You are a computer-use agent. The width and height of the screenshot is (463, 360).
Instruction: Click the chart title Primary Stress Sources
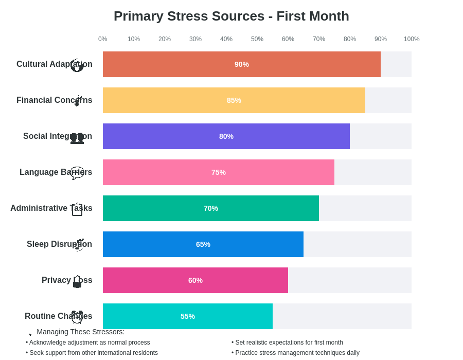231,16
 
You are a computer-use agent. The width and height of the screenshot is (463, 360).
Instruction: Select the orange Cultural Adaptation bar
241,64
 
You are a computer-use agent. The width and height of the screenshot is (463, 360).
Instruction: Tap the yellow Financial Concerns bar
234,100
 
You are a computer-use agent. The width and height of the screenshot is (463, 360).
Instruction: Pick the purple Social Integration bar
226,136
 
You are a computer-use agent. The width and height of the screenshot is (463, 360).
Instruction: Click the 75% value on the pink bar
219,172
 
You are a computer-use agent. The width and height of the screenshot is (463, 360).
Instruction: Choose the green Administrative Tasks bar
211,208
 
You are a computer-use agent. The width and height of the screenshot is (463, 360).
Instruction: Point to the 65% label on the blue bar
203,244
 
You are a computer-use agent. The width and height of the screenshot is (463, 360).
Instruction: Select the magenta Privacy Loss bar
195,280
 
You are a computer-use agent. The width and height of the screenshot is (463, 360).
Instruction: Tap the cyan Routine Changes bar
188,316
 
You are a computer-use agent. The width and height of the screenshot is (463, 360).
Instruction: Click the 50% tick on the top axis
257,39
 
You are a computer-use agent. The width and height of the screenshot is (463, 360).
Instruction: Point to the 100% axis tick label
412,39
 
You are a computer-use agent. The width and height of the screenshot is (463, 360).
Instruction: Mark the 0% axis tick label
103,39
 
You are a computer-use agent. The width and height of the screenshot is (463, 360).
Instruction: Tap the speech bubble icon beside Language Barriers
77,173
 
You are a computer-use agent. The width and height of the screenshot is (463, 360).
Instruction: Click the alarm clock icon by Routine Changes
77,317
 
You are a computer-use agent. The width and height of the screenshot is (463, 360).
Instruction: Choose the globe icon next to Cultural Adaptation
77,65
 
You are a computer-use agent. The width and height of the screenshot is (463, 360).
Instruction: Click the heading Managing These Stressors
80,332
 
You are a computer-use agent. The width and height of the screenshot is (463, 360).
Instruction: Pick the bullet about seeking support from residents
92,353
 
